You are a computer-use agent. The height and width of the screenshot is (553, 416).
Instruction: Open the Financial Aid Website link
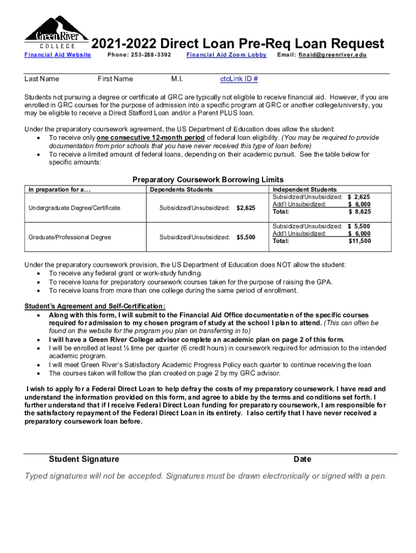click(58, 55)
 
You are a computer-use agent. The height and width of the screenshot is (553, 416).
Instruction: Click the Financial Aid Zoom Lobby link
click(226, 55)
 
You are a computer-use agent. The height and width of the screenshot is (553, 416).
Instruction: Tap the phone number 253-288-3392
click(139, 55)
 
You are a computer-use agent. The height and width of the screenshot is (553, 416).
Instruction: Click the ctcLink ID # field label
click(239, 79)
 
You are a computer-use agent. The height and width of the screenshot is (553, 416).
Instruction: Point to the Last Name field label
click(42, 79)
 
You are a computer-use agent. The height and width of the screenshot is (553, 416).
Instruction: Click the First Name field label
click(115, 79)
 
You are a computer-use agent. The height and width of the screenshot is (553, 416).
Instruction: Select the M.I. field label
click(177, 79)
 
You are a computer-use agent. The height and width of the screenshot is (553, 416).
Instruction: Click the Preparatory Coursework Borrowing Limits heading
click(208, 179)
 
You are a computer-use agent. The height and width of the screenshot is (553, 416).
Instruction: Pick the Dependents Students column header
click(181, 190)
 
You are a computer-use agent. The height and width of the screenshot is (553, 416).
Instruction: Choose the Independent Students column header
click(304, 190)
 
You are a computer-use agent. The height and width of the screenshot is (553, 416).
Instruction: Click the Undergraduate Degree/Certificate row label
click(75, 208)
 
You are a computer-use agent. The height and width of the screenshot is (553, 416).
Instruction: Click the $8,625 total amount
click(359, 212)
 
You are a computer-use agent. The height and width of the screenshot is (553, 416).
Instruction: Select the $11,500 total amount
click(359, 241)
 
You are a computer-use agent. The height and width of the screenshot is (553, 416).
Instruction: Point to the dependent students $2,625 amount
click(246, 208)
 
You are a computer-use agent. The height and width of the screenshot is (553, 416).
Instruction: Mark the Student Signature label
click(84, 459)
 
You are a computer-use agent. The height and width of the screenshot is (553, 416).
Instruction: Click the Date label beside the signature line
click(302, 459)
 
